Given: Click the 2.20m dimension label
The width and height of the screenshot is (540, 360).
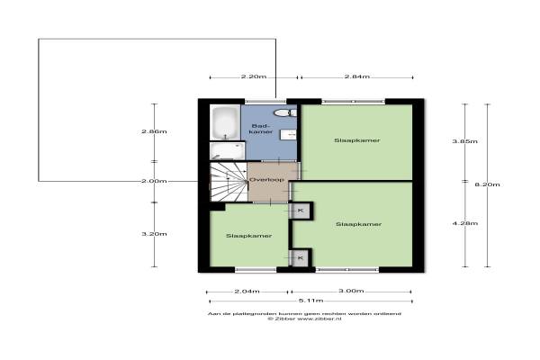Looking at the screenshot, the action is tap(254, 76).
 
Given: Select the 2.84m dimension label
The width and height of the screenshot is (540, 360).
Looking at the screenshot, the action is tap(357, 76).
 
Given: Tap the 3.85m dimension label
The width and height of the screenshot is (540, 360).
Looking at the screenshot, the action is tap(465, 141).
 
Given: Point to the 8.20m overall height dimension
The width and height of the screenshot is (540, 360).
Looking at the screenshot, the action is tap(487, 184).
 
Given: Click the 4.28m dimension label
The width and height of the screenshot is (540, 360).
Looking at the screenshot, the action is tap(465, 223).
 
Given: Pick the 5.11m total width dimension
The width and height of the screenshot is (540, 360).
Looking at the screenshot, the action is tap(310, 301).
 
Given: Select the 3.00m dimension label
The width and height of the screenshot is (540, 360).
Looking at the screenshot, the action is tap(351, 291).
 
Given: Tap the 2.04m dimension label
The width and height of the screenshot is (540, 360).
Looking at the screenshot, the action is tap(247, 292).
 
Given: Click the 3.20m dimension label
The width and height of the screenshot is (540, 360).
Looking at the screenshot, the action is tap(154, 234).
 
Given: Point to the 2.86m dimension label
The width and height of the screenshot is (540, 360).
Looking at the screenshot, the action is tap(154, 131).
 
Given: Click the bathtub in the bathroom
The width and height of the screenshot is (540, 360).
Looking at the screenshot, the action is tap(225, 122).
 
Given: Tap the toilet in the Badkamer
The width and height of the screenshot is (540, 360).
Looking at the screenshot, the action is tap(285, 112).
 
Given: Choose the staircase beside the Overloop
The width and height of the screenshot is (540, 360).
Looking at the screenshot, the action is tap(229, 182).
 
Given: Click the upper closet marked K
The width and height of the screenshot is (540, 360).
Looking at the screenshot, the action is tap(301, 211).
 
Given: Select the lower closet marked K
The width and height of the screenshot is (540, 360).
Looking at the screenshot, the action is tap(301, 257).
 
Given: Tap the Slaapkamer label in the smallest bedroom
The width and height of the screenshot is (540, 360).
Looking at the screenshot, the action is tap(248, 236).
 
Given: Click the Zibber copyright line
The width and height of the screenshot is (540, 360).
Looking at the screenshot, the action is tap(305, 319).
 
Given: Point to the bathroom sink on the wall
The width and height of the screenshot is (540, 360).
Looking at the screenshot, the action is tap(288, 135).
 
